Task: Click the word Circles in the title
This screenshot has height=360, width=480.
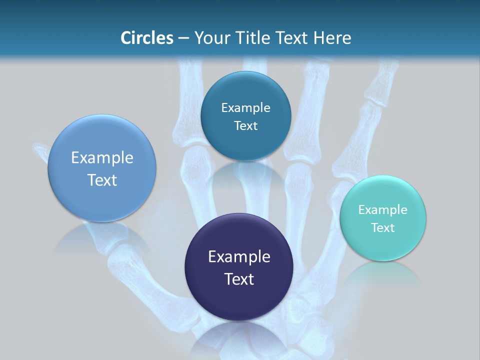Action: click(146, 38)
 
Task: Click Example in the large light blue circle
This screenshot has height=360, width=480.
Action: click(102, 158)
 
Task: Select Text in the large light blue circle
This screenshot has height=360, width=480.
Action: click(102, 180)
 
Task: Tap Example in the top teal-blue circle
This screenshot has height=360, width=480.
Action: click(245, 108)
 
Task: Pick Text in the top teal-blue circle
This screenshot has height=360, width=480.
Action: click(245, 126)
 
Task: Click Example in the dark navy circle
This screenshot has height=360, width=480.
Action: click(239, 257)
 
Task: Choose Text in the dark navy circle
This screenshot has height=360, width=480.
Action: click(239, 279)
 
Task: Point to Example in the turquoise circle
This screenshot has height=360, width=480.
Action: click(382, 210)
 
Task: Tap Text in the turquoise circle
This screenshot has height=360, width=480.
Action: click(382, 228)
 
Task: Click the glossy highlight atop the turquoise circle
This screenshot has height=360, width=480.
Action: click(382, 183)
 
